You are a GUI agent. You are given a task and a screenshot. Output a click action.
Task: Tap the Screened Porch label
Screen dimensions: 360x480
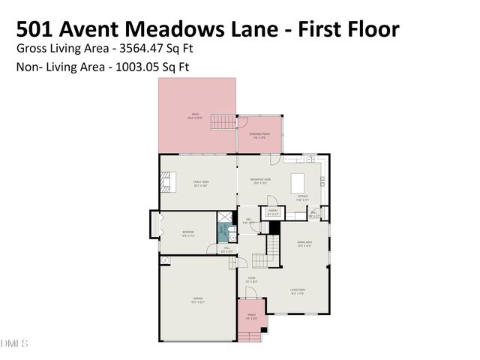[260, 135]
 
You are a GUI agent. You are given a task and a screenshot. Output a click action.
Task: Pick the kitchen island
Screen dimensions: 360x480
[297, 182]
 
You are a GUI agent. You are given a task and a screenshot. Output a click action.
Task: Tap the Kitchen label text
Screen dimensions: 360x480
[302, 198]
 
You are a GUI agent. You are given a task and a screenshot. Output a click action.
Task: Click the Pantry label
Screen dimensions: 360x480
[273, 212]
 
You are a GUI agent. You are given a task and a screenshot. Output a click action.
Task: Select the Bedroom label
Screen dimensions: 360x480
[188, 233]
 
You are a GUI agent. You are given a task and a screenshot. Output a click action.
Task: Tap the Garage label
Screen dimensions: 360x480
[198, 299]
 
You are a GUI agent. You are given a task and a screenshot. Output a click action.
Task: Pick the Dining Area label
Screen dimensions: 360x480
[304, 243]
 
